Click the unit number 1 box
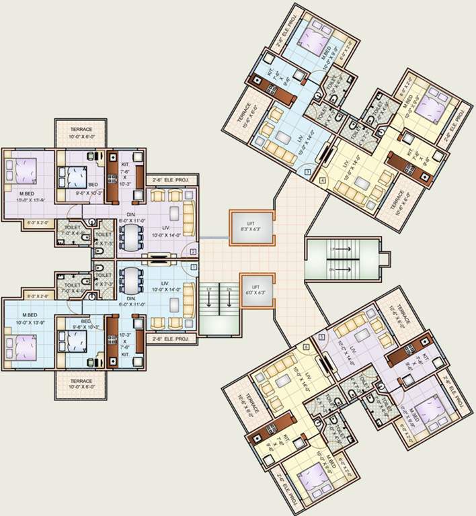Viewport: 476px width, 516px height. click(x=194, y=267)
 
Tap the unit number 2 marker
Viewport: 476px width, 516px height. click(x=194, y=252)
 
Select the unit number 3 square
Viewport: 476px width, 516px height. click(x=307, y=173)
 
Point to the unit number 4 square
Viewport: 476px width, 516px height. click(x=323, y=180)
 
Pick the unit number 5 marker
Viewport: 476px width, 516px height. click(x=321, y=337)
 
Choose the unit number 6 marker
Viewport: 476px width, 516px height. click(x=306, y=347)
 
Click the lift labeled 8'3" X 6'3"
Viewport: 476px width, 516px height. click(x=252, y=226)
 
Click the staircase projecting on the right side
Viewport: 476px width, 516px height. click(x=338, y=258)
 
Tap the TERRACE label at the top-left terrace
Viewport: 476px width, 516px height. click(x=80, y=130)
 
